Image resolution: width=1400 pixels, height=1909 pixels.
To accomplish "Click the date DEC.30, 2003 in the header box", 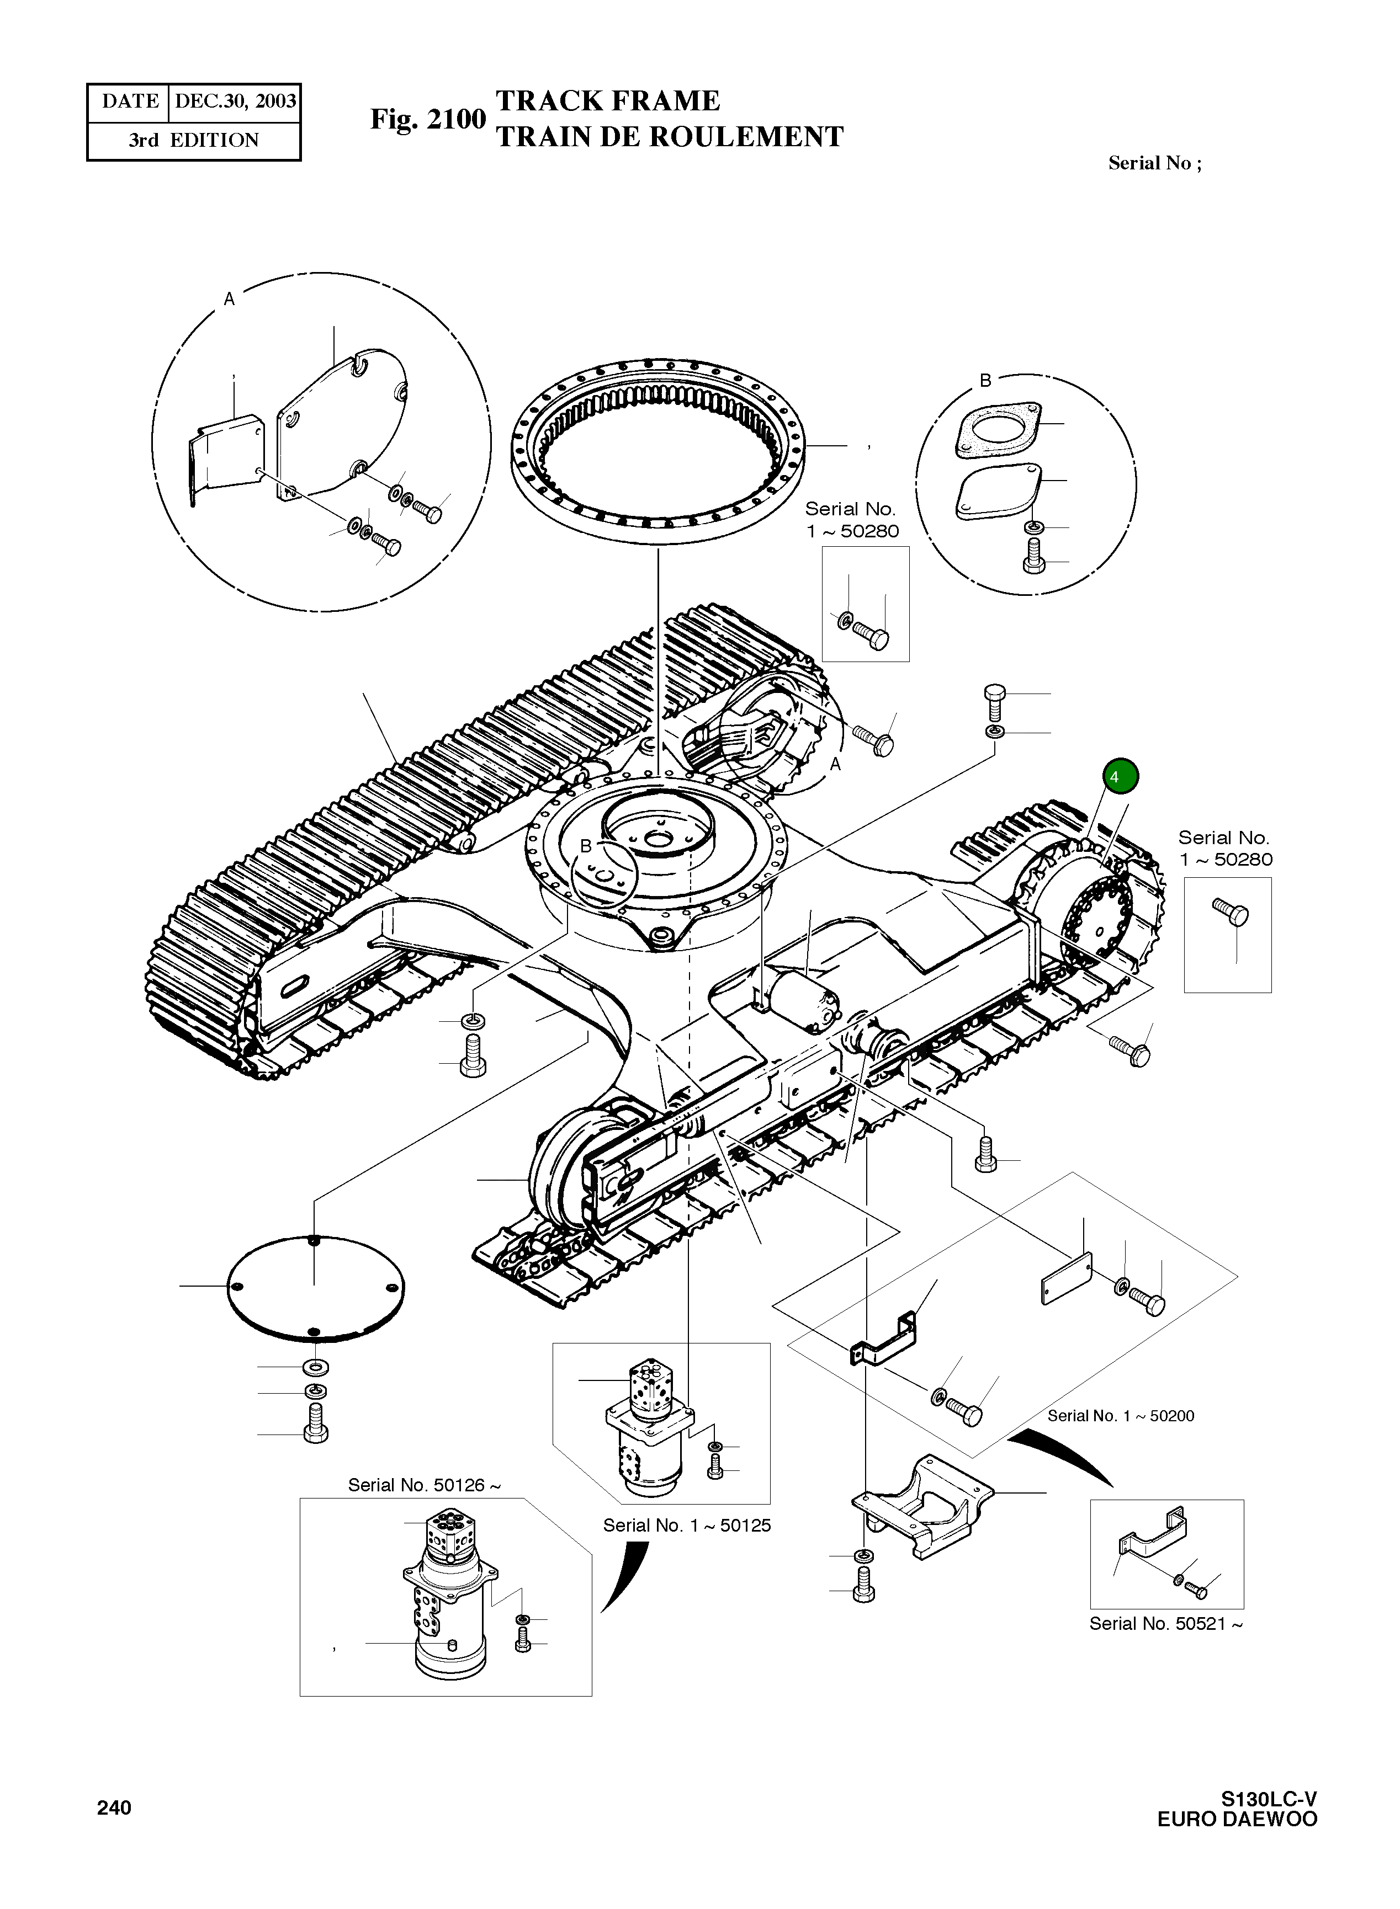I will click(235, 102).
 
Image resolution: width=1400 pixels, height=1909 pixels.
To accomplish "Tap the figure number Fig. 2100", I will click(427, 119).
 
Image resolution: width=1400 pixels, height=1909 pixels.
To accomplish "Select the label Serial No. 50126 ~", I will click(424, 1485).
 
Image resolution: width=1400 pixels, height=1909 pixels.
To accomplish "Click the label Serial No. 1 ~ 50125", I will click(686, 1526).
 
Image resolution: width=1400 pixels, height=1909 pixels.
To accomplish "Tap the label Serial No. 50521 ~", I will click(1165, 1624).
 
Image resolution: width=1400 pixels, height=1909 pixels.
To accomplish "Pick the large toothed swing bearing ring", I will click(659, 449).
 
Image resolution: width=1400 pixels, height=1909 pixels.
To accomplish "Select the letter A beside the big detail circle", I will click(228, 298).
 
